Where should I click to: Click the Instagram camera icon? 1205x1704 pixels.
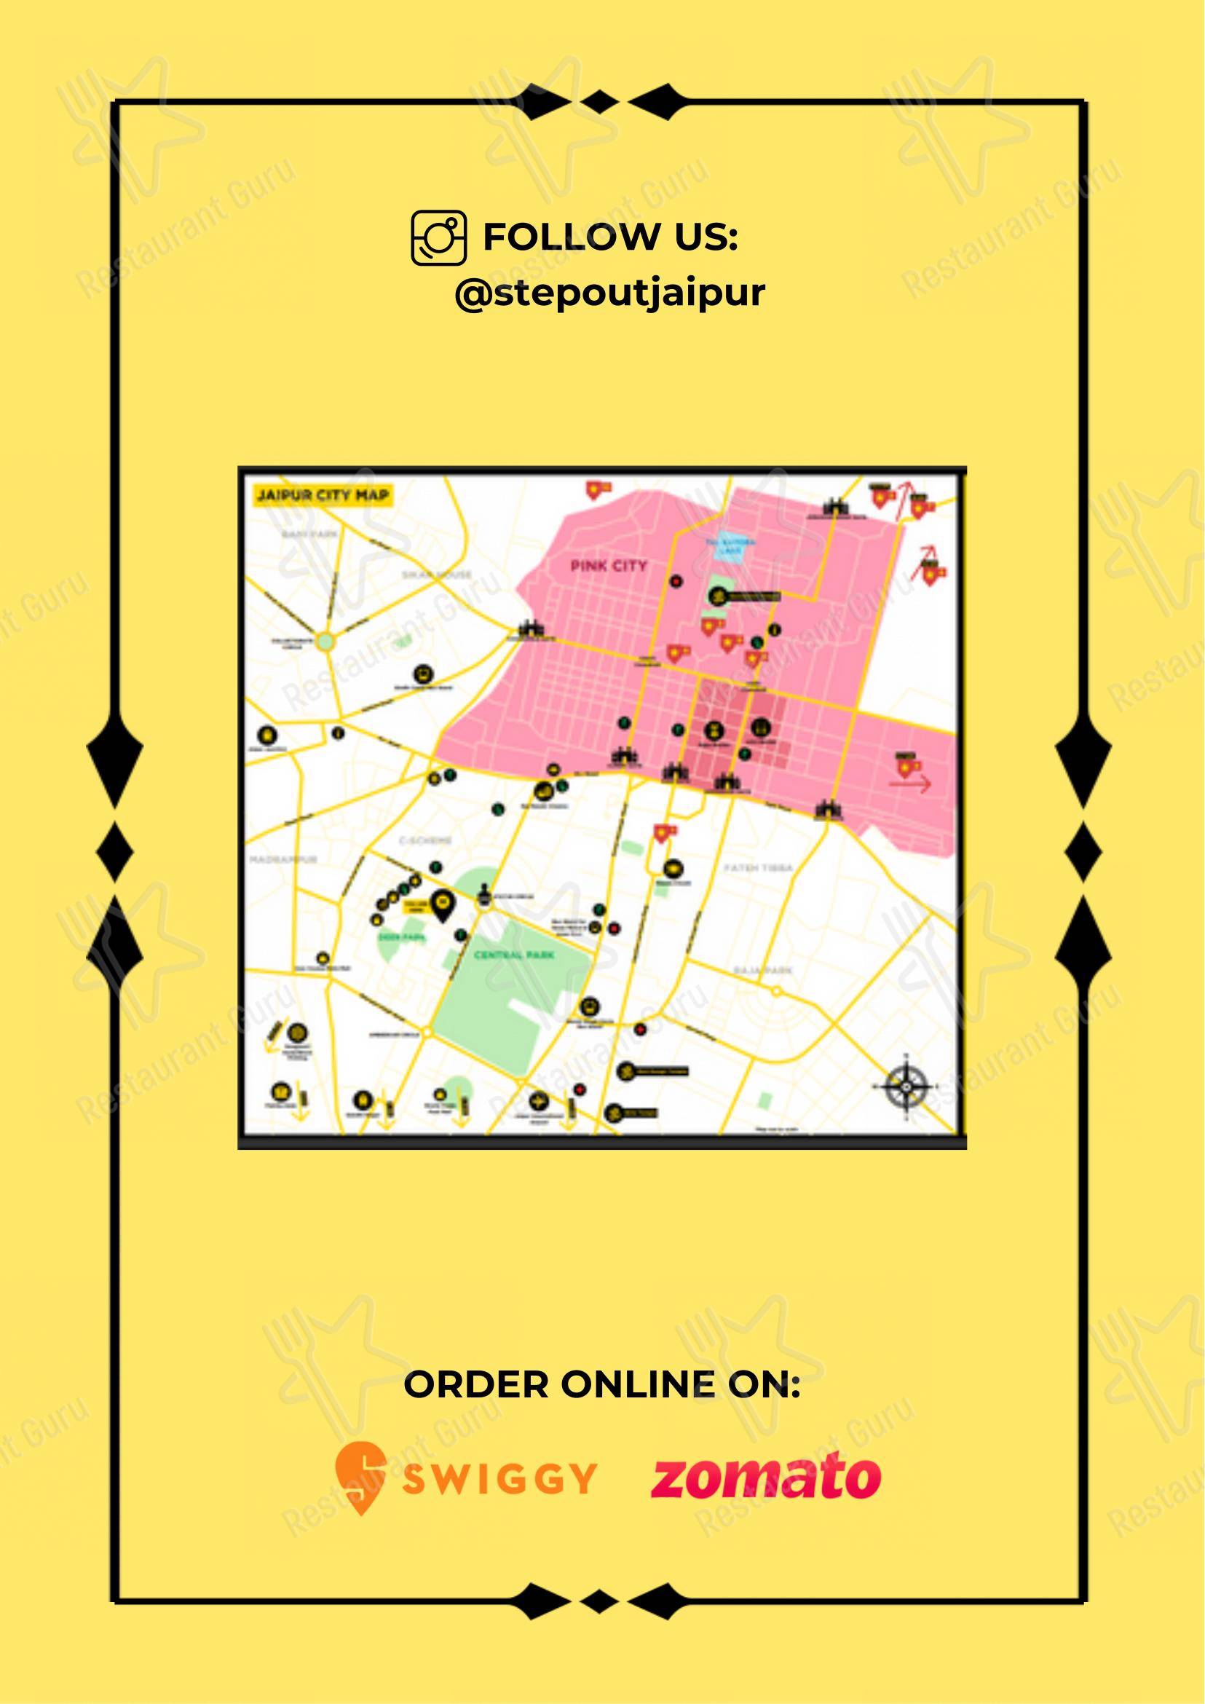click(x=438, y=237)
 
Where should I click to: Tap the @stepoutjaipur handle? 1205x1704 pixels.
click(x=609, y=293)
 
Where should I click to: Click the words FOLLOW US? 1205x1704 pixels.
click(x=610, y=237)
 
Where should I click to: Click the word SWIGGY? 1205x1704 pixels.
click(x=499, y=1479)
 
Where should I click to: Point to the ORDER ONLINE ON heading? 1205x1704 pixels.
click(x=601, y=1385)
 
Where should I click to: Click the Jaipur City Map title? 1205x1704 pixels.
click(x=322, y=495)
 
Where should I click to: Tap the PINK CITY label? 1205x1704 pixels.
click(x=609, y=567)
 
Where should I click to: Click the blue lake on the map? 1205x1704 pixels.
click(x=731, y=548)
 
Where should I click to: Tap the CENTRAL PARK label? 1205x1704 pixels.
click(x=514, y=955)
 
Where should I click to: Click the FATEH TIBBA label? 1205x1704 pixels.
click(x=759, y=867)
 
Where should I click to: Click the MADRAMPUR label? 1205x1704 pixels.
click(x=283, y=859)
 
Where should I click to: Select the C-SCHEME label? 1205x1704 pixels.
click(x=425, y=841)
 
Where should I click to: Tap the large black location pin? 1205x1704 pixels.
click(x=443, y=904)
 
